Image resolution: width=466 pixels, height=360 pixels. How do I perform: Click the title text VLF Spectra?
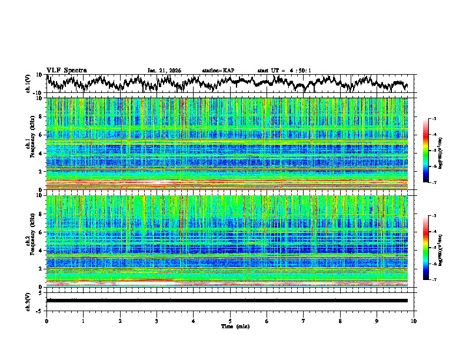point(66,70)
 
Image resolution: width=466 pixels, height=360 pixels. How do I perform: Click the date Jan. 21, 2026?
point(165,71)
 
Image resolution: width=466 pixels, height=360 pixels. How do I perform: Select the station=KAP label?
point(218,71)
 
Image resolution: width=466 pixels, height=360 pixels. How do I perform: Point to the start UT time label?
point(284,71)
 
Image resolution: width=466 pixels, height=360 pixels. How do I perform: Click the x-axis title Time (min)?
point(230,326)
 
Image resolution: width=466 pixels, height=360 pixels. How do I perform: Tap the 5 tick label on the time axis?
point(230,321)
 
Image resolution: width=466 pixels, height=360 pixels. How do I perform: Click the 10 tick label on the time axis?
point(414,321)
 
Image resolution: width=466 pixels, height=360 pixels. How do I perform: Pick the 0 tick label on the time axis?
point(46,321)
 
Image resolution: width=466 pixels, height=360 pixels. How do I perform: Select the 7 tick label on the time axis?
point(304,321)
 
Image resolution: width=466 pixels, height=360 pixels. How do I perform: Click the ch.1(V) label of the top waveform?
point(29,84)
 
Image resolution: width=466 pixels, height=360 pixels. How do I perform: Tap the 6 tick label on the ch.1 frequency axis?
point(41,135)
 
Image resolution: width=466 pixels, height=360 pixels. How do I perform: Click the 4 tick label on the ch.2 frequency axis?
point(41,250)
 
